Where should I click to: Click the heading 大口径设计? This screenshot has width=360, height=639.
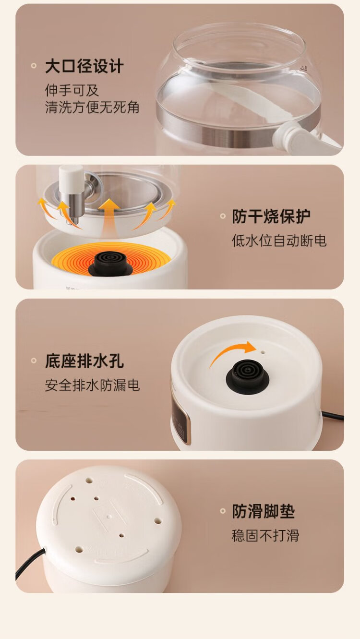84,66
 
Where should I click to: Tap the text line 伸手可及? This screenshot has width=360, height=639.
72,90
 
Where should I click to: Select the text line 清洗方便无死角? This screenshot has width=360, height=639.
92,107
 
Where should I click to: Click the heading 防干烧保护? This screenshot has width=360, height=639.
271,216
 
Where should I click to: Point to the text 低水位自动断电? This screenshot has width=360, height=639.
279,241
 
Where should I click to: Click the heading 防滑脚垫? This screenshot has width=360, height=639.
263,511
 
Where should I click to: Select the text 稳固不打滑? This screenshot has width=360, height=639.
265,535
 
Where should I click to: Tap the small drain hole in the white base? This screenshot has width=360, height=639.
263,352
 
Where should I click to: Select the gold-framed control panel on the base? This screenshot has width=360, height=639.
180,417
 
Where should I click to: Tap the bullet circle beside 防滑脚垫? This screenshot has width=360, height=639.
223,511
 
